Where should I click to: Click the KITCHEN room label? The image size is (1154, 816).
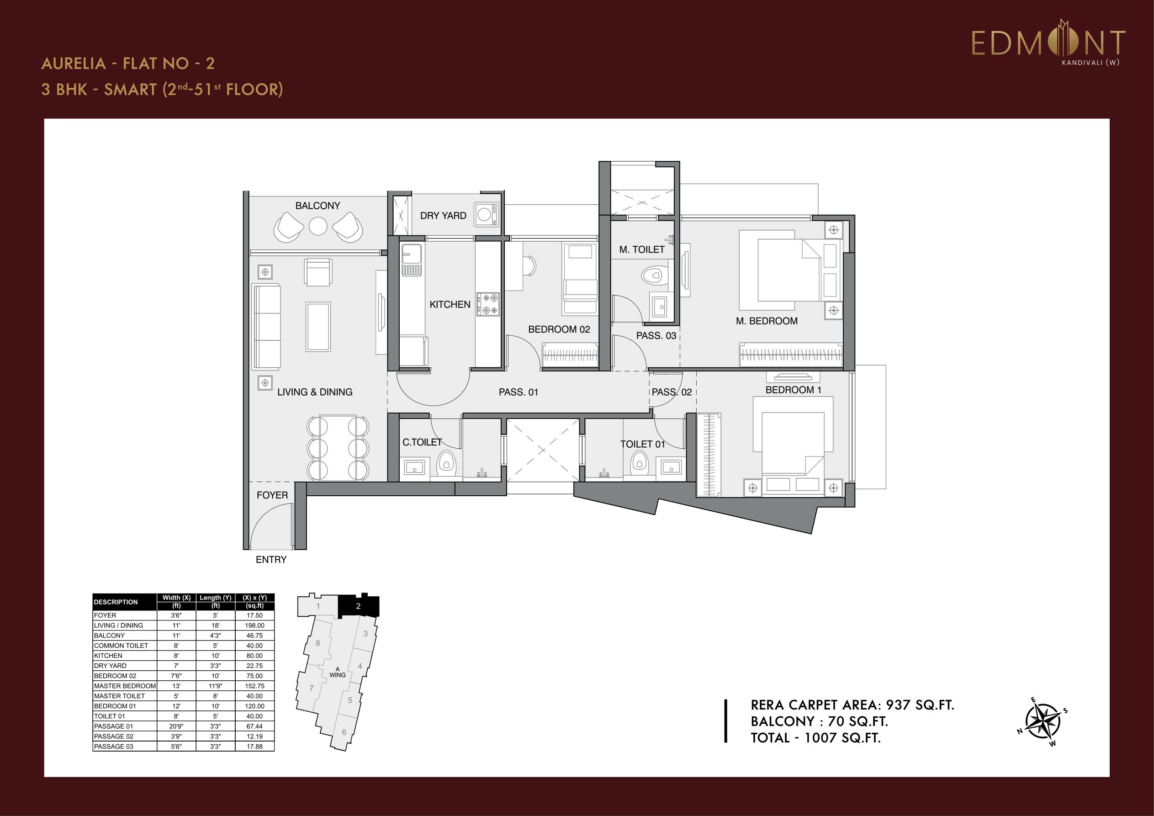click(x=450, y=304)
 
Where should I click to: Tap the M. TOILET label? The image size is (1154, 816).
click(x=642, y=249)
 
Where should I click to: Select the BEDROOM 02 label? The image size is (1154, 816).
click(x=559, y=329)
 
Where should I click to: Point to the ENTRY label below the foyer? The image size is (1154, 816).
click(x=271, y=560)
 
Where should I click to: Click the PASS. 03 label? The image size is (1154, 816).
click(x=656, y=335)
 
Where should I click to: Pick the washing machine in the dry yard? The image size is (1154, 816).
click(x=486, y=214)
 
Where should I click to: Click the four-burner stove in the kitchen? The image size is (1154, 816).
click(x=488, y=304)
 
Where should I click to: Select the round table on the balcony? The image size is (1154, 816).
click(x=318, y=226)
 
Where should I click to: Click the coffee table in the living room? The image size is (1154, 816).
click(x=318, y=326)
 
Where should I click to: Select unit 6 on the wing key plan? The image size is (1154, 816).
click(x=344, y=732)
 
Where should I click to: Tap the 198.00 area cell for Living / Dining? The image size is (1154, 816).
click(x=254, y=625)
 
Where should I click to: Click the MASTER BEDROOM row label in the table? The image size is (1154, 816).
click(x=125, y=686)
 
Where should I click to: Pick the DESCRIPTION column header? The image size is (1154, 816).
click(x=116, y=602)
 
